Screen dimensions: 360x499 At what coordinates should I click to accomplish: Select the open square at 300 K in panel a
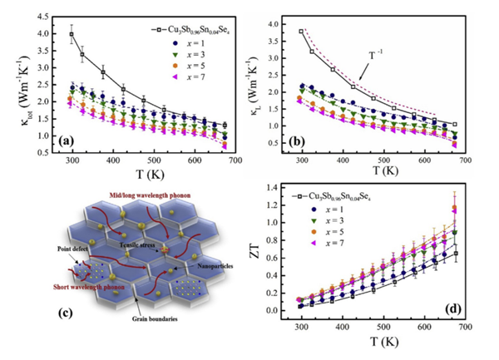72,35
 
